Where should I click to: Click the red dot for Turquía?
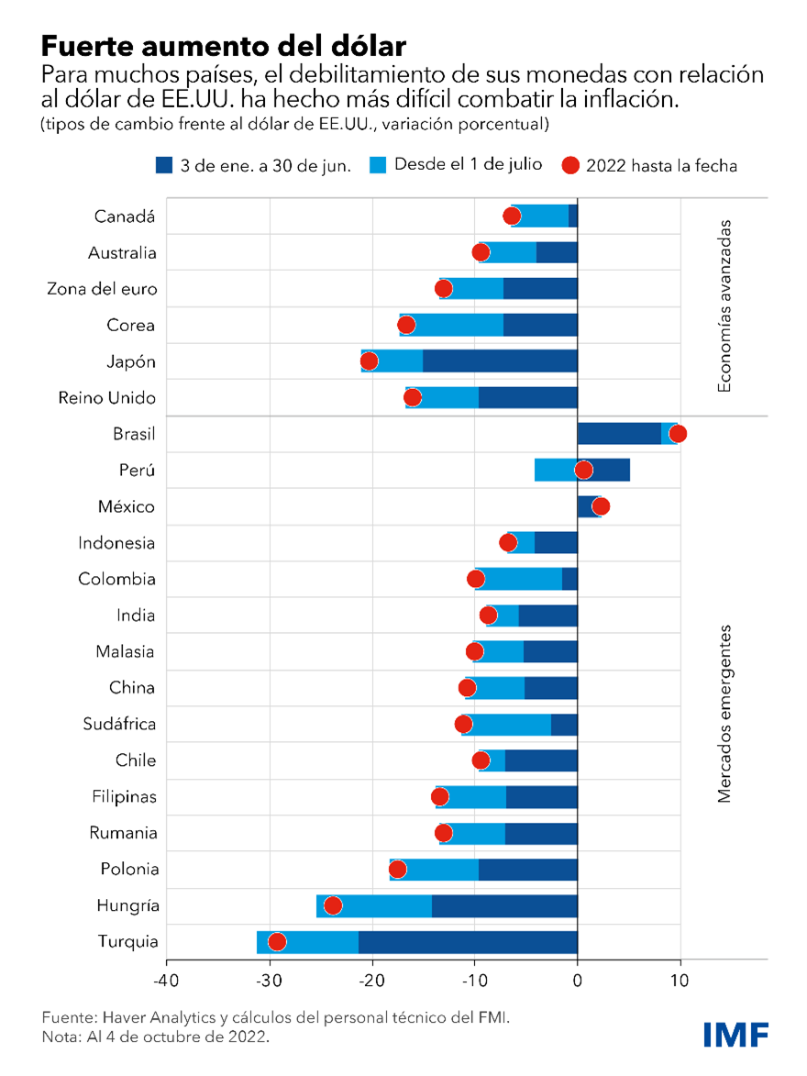277,942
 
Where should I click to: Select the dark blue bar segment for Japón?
500,361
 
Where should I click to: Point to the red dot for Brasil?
678,434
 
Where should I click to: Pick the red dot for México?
601,506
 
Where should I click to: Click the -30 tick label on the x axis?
269,980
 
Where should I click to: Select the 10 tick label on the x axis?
680,980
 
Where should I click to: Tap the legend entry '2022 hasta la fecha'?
661,166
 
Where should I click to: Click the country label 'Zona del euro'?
102,289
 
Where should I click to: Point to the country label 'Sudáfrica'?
119,724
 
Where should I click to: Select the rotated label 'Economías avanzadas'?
724,305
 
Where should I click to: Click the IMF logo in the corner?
735,1034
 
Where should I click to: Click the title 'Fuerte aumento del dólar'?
223,45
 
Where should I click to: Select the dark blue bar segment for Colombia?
569,579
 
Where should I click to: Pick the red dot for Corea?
406,325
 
